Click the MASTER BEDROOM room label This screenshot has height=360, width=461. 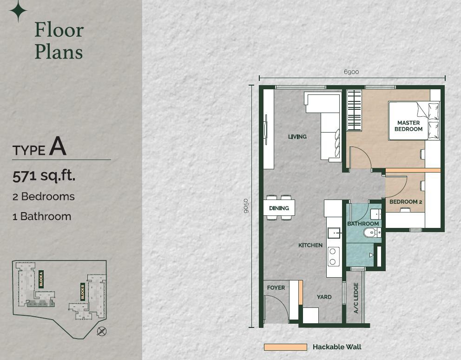[408, 126]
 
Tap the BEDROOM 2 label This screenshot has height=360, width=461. [406, 202]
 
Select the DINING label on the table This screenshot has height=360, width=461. [279, 208]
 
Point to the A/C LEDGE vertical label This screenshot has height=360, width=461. [356, 298]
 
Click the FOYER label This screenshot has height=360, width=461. [276, 287]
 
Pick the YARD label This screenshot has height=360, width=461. [324, 297]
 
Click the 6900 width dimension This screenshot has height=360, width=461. [351, 72]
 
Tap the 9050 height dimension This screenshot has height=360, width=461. [246, 206]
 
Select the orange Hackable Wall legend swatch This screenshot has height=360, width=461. [285, 347]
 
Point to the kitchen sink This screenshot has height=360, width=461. [334, 233]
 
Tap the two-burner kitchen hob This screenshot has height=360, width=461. [333, 256]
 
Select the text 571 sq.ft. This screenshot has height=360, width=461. [44, 176]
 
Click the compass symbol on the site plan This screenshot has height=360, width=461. [102, 332]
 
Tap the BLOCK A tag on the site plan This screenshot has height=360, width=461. [41, 279]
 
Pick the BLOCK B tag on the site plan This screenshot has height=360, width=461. [83, 292]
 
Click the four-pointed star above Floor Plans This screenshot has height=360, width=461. [18, 11]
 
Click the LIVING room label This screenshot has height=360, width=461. [297, 137]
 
